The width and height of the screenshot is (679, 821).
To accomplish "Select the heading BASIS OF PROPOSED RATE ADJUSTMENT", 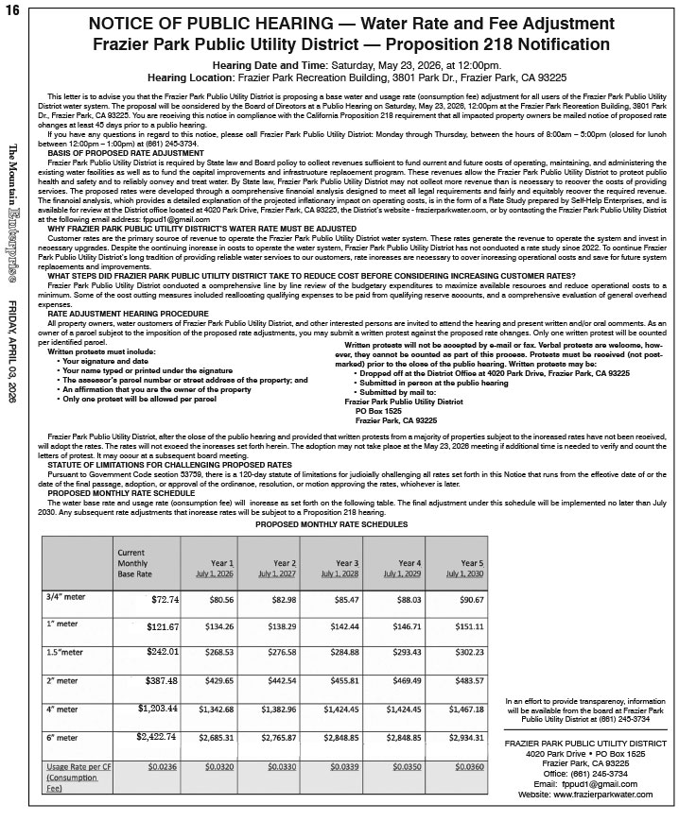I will coord(125,152).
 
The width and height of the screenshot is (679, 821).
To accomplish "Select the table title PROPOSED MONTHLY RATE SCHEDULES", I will coord(332,523).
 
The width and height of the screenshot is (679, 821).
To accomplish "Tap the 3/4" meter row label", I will coord(65,597).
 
